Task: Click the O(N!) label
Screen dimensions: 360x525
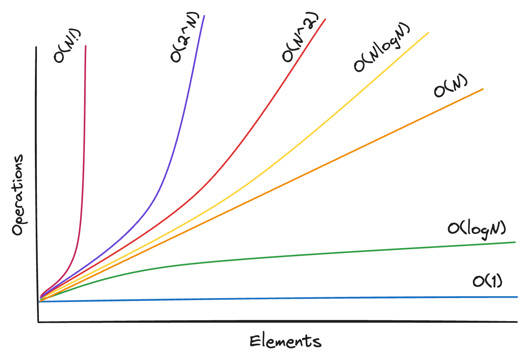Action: [65, 52]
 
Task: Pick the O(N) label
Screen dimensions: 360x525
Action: [451, 86]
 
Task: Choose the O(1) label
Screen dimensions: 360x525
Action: [487, 281]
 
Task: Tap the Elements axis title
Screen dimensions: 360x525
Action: [285, 341]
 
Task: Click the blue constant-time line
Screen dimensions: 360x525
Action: [278, 299]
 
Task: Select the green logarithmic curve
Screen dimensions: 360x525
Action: [278, 256]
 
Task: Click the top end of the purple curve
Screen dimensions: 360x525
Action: [204, 16]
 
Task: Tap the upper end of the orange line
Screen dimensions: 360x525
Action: [483, 89]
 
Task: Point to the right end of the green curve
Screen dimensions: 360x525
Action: [515, 242]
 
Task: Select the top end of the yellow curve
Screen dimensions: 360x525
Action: [428, 33]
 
